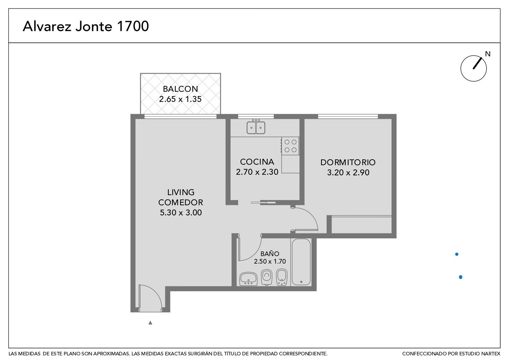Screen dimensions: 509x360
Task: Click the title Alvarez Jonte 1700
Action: coord(86,26)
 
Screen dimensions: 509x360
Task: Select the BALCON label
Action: coord(181,89)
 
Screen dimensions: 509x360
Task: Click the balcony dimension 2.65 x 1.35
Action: coord(181,99)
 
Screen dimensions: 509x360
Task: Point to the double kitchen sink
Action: coord(256,128)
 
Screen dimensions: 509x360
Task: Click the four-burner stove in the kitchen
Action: coord(290,146)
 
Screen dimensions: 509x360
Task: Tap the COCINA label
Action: coord(257,162)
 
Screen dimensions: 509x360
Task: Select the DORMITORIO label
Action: coord(348,162)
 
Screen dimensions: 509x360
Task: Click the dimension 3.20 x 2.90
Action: coord(348,173)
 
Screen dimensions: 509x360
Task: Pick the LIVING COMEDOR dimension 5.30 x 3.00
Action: coord(181,213)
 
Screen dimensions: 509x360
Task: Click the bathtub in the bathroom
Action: coord(301,262)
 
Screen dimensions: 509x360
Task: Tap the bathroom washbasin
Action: coord(249,279)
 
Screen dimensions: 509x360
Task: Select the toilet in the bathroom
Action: coord(266,277)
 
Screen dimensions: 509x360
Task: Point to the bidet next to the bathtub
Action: coord(282,277)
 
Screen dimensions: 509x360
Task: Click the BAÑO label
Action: coord(270,254)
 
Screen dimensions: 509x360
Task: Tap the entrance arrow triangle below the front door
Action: coord(150,322)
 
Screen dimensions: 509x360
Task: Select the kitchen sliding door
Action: coord(263,202)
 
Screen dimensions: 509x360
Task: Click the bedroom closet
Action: coord(361,225)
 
